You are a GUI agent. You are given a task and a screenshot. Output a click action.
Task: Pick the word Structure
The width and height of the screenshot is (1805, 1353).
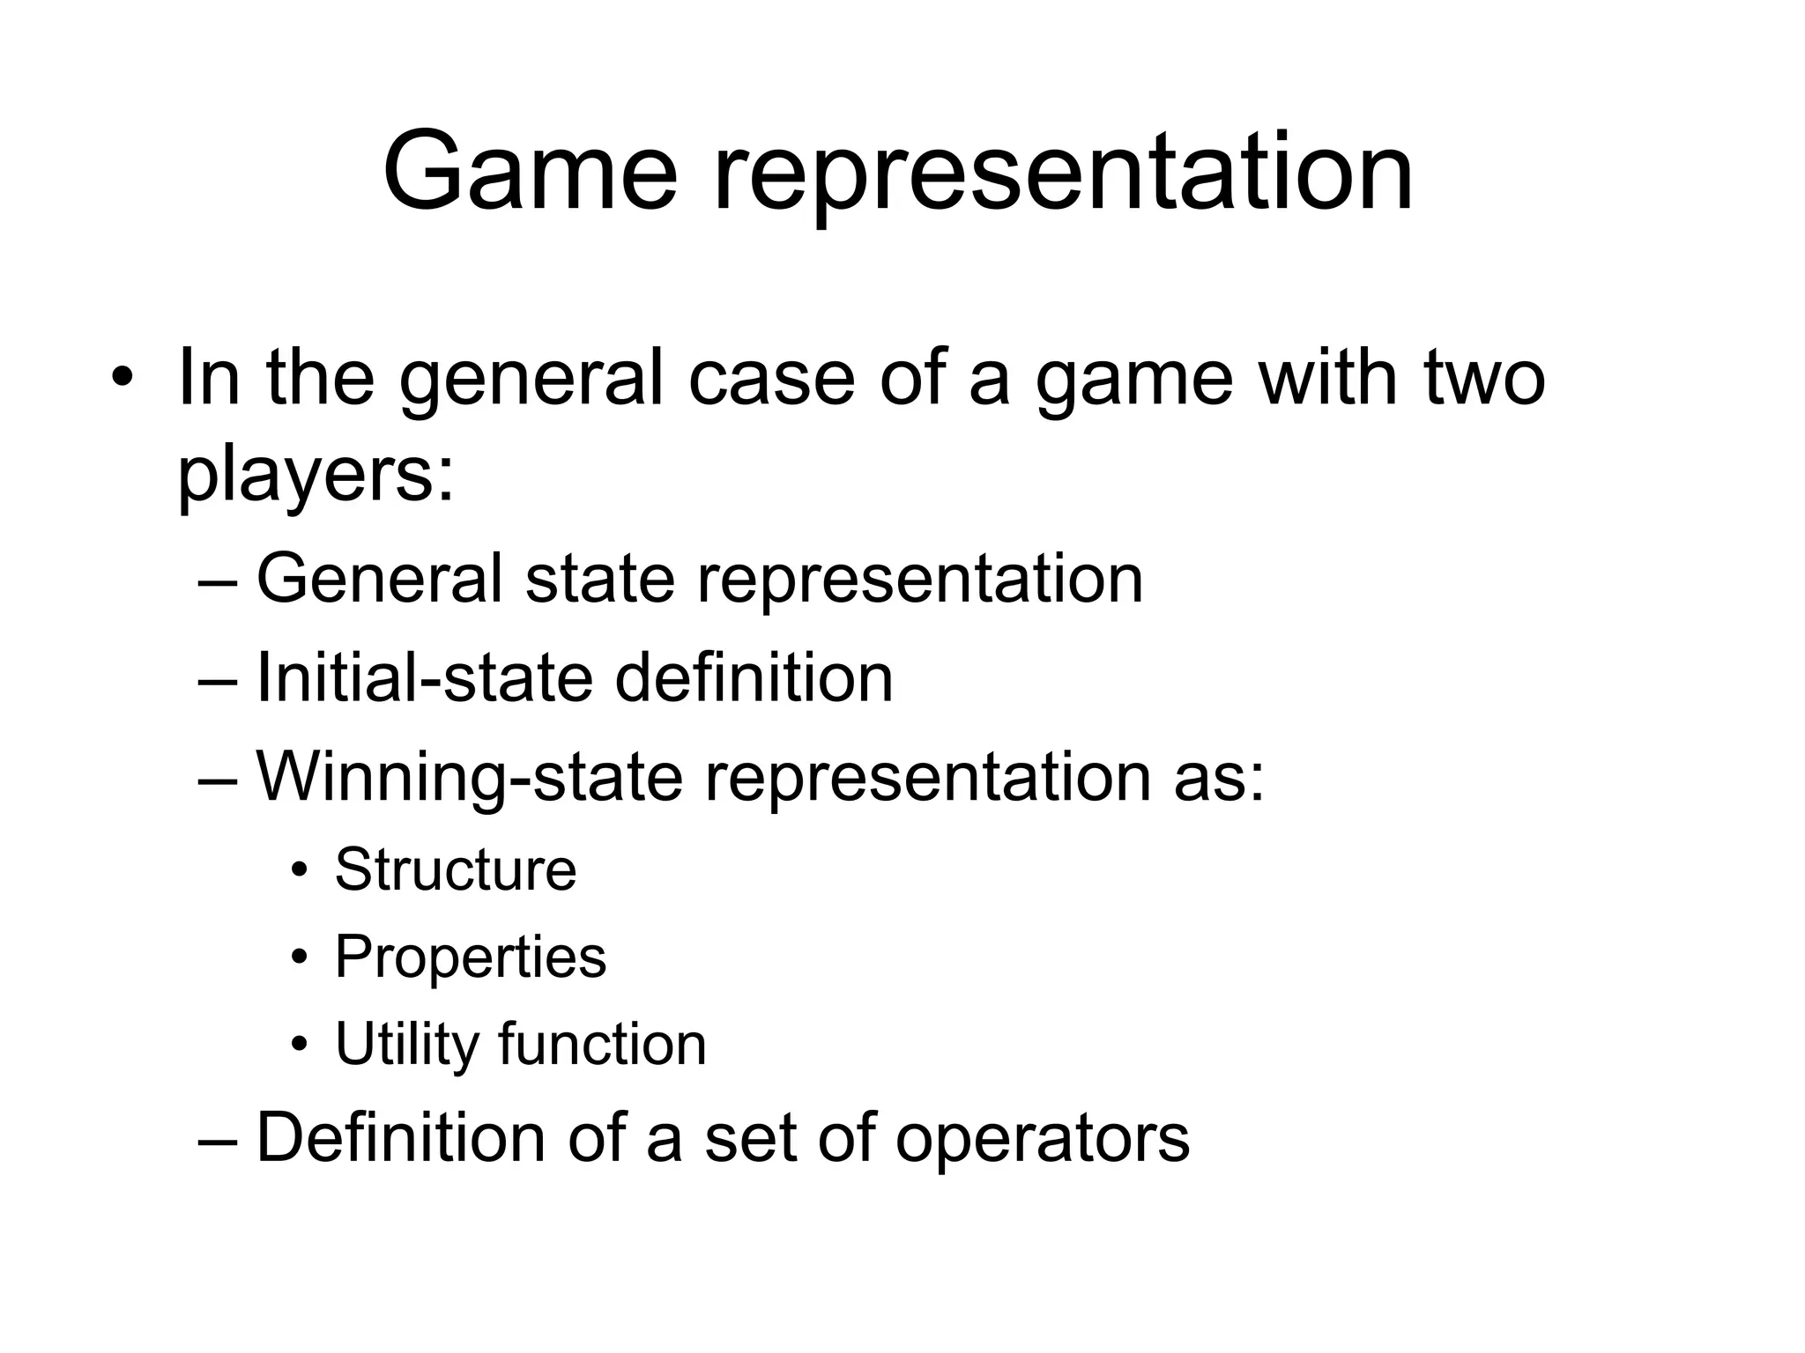point(456,869)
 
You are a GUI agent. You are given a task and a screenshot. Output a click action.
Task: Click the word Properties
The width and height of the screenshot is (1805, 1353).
point(471,957)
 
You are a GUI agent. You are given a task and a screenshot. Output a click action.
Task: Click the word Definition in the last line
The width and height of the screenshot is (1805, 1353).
point(400,1137)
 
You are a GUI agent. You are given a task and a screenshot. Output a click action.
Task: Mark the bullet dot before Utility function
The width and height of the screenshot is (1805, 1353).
point(300,1046)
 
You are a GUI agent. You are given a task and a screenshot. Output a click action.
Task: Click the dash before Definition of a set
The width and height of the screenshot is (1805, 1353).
point(218,1139)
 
